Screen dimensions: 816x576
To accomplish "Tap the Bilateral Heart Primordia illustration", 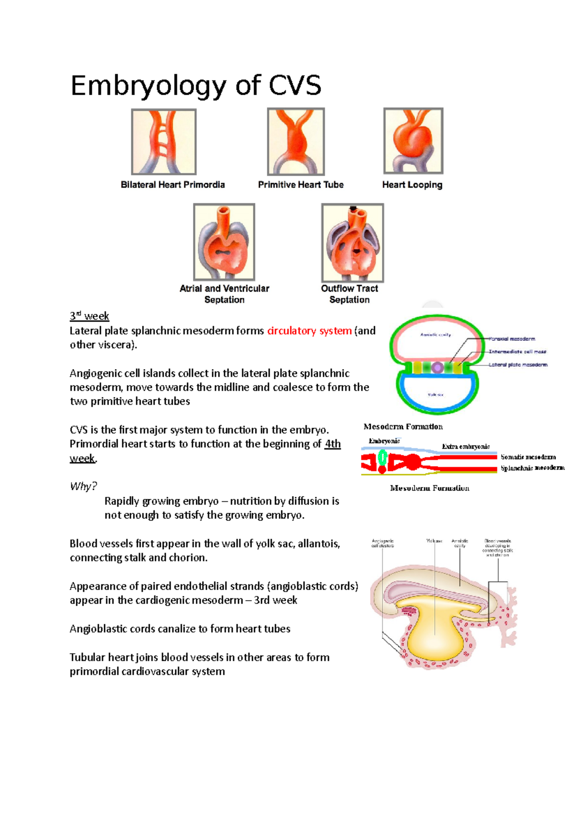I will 164,142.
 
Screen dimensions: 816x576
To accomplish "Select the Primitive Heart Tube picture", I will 296,141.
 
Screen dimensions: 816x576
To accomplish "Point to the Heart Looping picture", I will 413,141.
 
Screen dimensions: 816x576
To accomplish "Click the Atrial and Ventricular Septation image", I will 224,242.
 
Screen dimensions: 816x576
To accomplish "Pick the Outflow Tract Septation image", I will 352,243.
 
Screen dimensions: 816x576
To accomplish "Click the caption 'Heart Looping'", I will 412,185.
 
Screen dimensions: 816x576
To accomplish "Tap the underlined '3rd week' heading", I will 89,316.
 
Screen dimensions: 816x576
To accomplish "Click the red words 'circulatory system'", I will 309,331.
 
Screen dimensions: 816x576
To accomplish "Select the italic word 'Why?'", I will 83,486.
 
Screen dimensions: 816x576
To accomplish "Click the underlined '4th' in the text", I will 333,444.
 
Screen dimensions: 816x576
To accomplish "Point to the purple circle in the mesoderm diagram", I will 437,368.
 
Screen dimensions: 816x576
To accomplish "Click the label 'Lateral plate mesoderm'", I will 518,365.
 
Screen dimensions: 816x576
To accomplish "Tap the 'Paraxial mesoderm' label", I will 512,339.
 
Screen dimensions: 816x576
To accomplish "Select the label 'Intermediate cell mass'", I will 517,352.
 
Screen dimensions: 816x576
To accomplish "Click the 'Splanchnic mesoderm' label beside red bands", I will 532,468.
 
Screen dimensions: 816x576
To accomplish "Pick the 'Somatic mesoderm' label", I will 528,457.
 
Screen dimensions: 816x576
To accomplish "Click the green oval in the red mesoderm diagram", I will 383,457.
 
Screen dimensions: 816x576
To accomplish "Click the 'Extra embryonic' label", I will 466,446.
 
